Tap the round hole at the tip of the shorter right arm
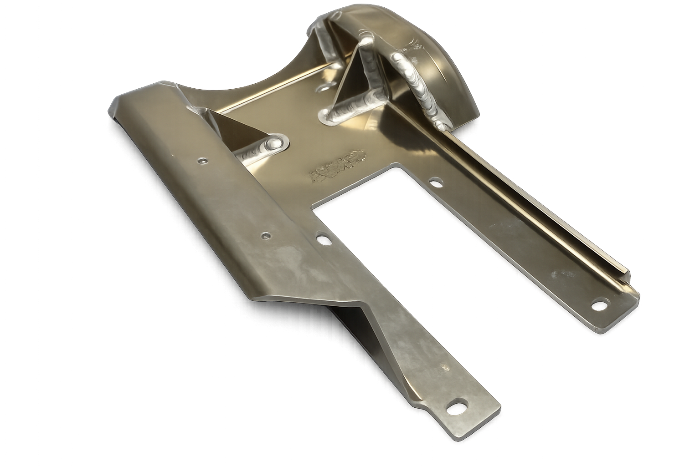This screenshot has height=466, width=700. pos(601,303)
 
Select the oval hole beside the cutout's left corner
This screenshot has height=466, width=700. pos(323,238)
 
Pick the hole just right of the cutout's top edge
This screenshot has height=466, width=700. pos(436,182)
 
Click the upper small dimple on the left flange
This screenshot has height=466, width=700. pos(201,160)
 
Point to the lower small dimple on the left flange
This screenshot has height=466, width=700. pos(265,235)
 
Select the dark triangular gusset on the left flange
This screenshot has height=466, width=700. pos(237,130)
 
